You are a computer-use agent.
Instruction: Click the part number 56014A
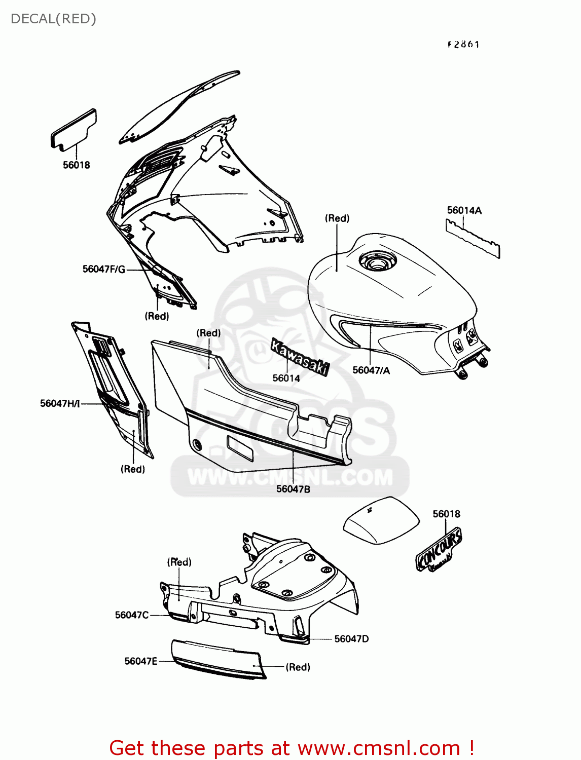click(464, 210)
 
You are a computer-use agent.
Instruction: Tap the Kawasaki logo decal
click(300, 357)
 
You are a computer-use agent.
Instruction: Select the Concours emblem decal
click(439, 550)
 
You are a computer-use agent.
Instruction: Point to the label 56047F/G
click(104, 269)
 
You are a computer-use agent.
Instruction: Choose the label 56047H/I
click(60, 403)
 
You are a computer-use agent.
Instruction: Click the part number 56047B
click(293, 489)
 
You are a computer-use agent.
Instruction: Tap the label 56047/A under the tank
click(371, 370)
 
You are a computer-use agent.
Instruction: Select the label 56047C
click(132, 615)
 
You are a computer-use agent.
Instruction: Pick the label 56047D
click(351, 639)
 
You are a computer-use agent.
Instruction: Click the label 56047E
click(141, 661)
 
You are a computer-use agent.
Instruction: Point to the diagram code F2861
click(463, 45)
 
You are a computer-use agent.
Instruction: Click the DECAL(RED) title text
click(53, 19)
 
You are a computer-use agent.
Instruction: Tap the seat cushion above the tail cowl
click(381, 520)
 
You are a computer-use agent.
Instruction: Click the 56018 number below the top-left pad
click(77, 165)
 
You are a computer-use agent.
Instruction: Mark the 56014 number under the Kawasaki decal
click(286, 378)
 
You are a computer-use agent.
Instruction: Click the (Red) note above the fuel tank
click(337, 218)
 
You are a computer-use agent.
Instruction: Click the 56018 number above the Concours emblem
click(446, 514)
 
